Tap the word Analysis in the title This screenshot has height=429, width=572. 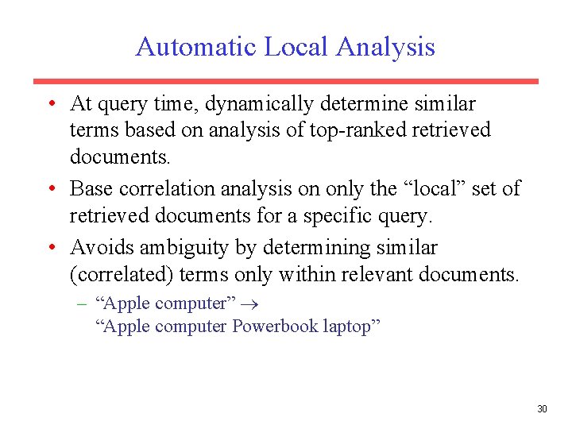(385, 47)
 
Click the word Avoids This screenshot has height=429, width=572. (95, 248)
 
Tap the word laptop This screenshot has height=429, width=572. (350, 326)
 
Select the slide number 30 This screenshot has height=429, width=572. (542, 409)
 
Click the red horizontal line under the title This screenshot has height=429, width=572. (285, 81)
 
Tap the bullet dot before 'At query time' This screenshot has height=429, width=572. (50, 104)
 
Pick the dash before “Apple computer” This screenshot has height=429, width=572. (82, 303)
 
